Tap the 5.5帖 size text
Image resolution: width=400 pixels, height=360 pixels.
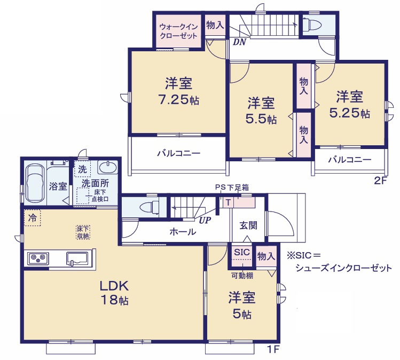point(261,119)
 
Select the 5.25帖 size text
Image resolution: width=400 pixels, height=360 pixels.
point(350,113)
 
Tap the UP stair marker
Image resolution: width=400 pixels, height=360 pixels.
point(203,220)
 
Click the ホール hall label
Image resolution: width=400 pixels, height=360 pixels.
point(183,232)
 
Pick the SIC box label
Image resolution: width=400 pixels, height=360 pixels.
point(242,252)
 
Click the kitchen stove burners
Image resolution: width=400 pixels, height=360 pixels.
point(38,258)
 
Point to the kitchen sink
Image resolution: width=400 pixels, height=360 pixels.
point(78,258)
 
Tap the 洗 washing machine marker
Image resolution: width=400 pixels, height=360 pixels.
point(82,169)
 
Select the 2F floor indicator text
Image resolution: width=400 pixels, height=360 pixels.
point(380,181)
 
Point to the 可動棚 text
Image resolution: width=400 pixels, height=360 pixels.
point(242,276)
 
